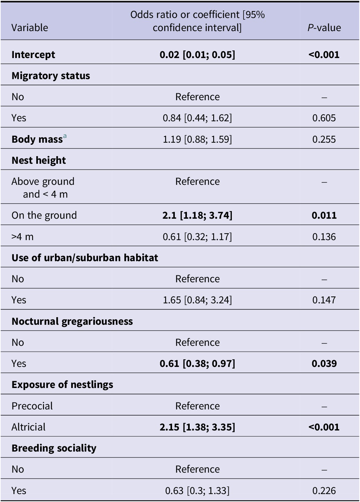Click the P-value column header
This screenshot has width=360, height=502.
pyautogui.click(x=324, y=28)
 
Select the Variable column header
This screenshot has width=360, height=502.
pyautogui.click(x=30, y=28)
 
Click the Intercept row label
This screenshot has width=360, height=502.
pyautogui.click(x=33, y=55)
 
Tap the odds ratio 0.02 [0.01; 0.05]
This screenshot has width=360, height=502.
pyautogui.click(x=197, y=55)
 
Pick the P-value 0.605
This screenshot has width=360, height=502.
pyautogui.click(x=324, y=118)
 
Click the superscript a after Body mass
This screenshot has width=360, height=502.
pyautogui.click(x=65, y=137)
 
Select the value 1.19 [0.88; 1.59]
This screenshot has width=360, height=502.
pyautogui.click(x=197, y=139)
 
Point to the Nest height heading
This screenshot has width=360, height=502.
pyautogui.click(x=39, y=160)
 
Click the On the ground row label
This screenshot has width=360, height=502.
pyautogui.click(x=44, y=215)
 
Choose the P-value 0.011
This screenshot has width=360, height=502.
pyautogui.click(x=324, y=215)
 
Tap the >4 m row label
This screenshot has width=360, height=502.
pyautogui.click(x=22, y=237)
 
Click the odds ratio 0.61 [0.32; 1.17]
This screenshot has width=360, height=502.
pyautogui.click(x=197, y=237)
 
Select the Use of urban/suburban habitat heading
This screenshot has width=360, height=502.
pyautogui.click(x=85, y=258)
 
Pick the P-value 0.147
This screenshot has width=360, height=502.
pyautogui.click(x=324, y=300)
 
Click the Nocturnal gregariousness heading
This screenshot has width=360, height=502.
pyautogui.click(x=72, y=321)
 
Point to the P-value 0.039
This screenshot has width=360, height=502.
pyautogui.click(x=324, y=363)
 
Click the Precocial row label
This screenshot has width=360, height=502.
pyautogui.click(x=32, y=406)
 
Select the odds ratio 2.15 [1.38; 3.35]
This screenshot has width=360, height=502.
pyautogui.click(x=197, y=427)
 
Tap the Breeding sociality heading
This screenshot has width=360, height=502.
pyautogui.click(x=54, y=448)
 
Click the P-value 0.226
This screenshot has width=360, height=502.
pyautogui.click(x=324, y=491)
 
